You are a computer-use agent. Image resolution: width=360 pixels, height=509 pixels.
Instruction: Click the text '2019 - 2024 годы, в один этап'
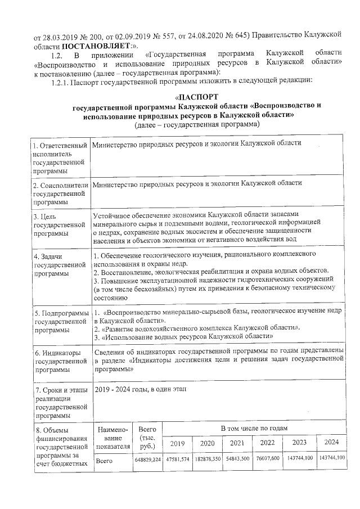[x=138, y=389]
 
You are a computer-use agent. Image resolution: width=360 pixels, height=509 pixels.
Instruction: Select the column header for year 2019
[x=177, y=443]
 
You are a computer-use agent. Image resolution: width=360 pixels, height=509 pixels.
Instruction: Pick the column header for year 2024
[x=331, y=442]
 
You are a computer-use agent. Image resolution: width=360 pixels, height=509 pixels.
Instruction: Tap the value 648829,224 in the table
[x=148, y=461]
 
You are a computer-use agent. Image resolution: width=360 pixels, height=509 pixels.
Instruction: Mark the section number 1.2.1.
[x=62, y=80]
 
